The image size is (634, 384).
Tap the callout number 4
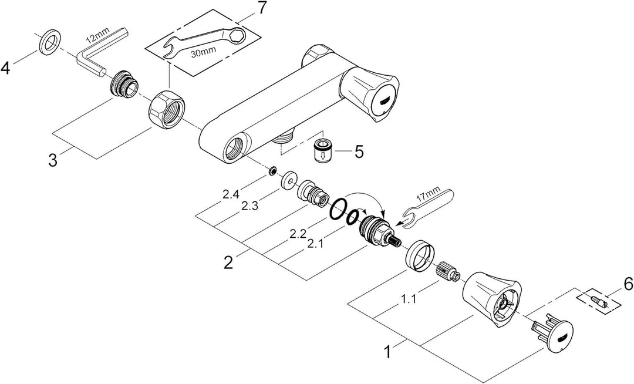(6, 69)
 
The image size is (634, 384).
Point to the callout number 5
(358, 151)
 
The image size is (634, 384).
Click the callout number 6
(627, 284)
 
